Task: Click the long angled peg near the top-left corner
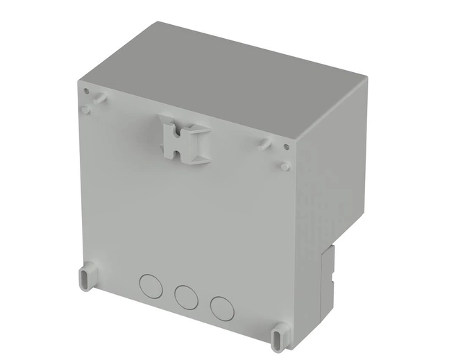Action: [x=99, y=98]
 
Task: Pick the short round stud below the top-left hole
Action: [x=85, y=109]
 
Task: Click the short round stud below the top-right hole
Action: [x=285, y=166]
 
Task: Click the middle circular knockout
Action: [x=185, y=295]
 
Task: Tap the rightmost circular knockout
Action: [x=221, y=306]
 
